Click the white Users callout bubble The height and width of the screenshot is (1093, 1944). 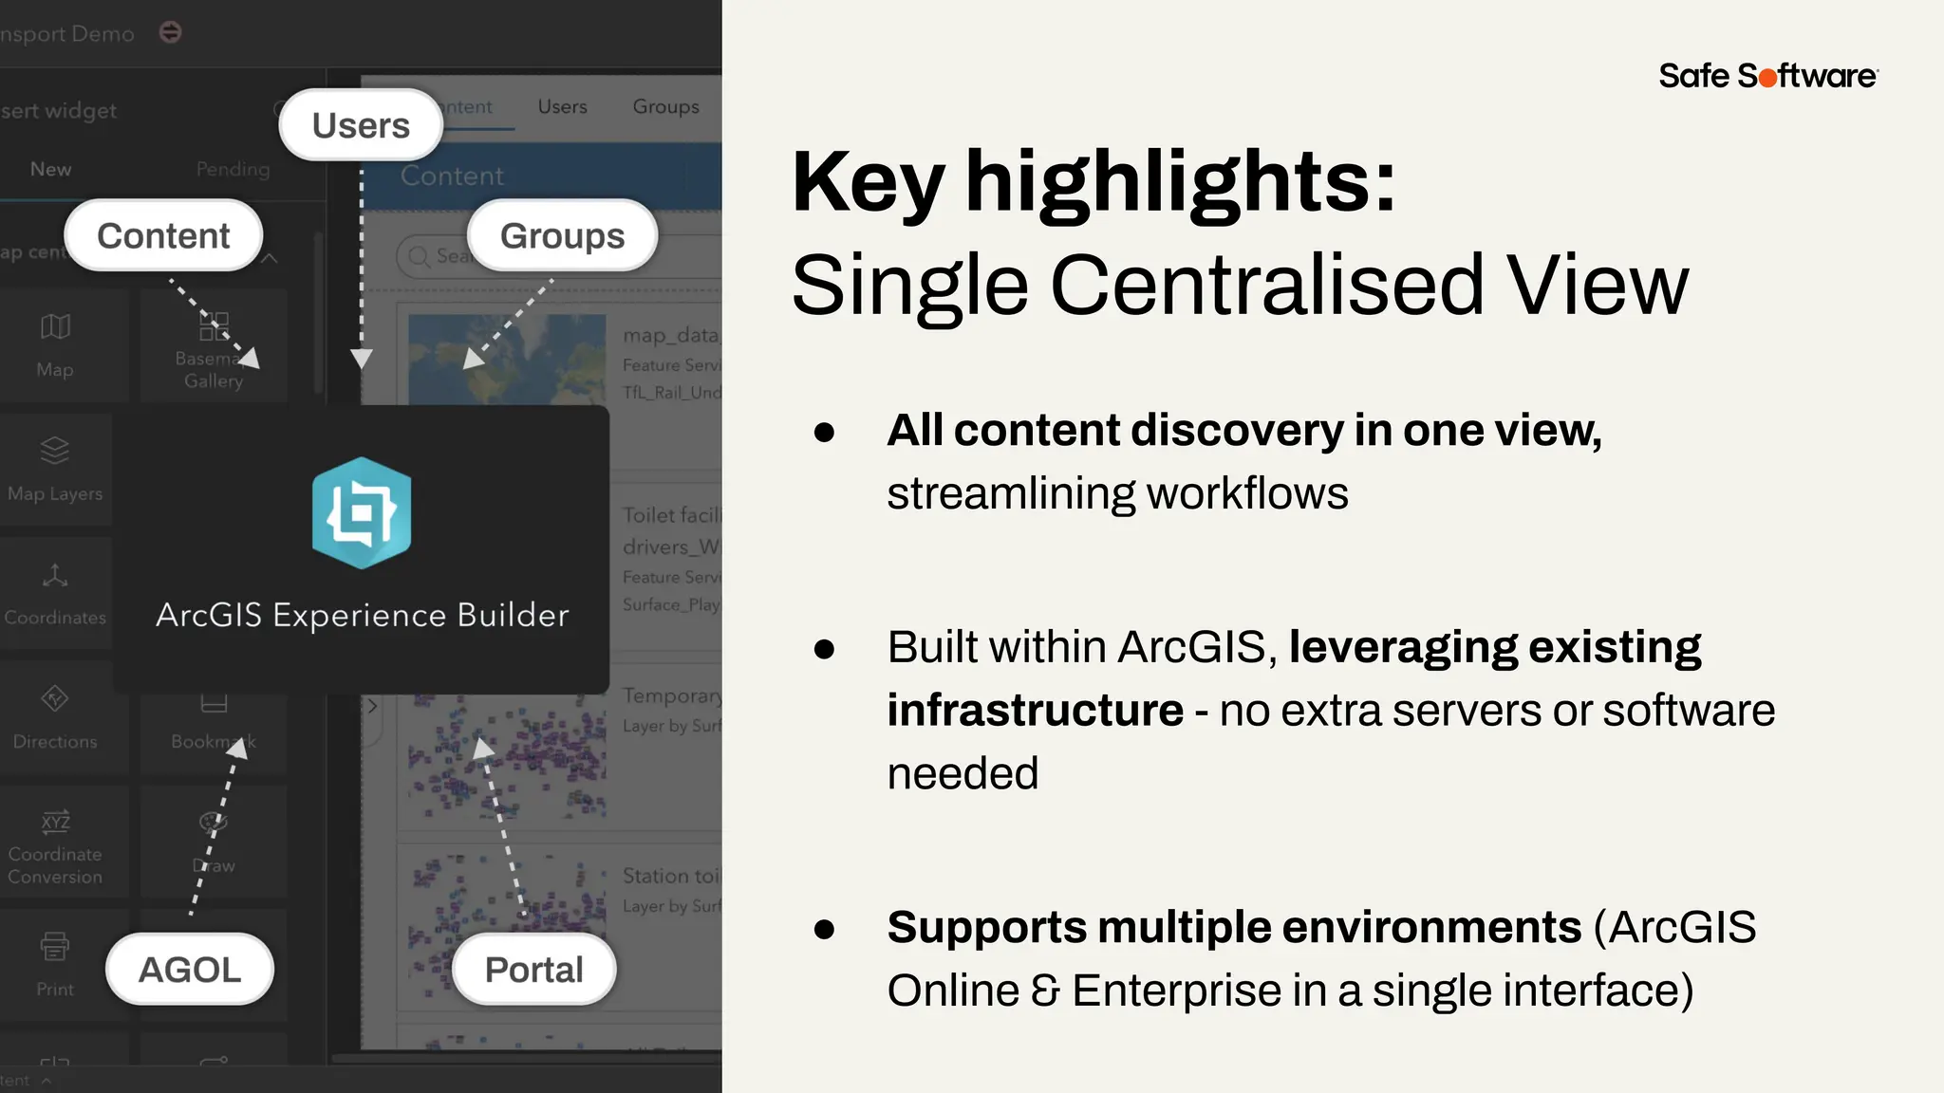(x=361, y=125)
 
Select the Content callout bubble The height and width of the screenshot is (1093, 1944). (x=163, y=235)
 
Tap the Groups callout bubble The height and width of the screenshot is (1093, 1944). (x=562, y=235)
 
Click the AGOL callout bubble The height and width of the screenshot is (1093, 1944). (x=190, y=970)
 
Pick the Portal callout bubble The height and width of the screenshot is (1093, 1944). (x=533, y=970)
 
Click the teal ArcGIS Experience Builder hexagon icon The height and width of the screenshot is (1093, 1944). (x=362, y=513)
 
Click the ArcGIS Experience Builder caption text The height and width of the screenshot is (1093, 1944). (x=362, y=615)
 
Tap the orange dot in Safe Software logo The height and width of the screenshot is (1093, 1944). (x=1767, y=78)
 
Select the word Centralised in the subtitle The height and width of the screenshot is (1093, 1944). (x=1266, y=285)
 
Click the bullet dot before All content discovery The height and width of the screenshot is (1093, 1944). (x=824, y=433)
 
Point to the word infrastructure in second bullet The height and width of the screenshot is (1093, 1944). (x=1035, y=710)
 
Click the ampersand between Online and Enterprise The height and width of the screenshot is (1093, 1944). (x=1045, y=991)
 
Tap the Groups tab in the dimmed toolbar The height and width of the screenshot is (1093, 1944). (x=665, y=107)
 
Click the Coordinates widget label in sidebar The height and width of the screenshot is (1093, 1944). (x=55, y=618)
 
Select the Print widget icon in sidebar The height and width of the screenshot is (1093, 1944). (x=55, y=946)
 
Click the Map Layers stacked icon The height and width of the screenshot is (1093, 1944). (x=55, y=450)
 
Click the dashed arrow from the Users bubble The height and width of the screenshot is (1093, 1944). (x=362, y=266)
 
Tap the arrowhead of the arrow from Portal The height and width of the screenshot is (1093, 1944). (x=483, y=748)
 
